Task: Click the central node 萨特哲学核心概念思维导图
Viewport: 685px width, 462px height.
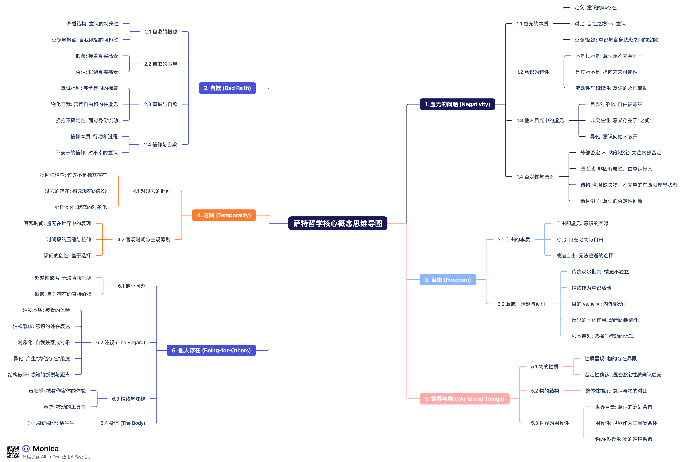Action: tap(338, 223)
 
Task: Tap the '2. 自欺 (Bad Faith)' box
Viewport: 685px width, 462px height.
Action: tap(227, 88)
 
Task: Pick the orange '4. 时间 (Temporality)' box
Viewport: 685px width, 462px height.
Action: tap(224, 215)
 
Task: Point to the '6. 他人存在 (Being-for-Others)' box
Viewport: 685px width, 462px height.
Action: tap(211, 350)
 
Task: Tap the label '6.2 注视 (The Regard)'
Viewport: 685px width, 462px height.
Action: tap(120, 342)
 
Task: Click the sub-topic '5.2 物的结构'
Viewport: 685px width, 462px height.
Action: tap(545, 391)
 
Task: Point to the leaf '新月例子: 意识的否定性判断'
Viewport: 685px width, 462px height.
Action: tap(611, 201)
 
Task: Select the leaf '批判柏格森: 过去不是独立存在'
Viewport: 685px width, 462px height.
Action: tap(73, 175)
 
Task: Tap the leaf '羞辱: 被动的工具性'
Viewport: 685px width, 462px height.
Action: tap(64, 407)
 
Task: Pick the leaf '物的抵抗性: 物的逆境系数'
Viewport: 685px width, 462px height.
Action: tap(623, 439)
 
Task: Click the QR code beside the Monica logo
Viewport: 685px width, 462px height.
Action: tap(13, 452)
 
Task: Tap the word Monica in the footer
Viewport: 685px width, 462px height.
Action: tap(46, 449)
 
